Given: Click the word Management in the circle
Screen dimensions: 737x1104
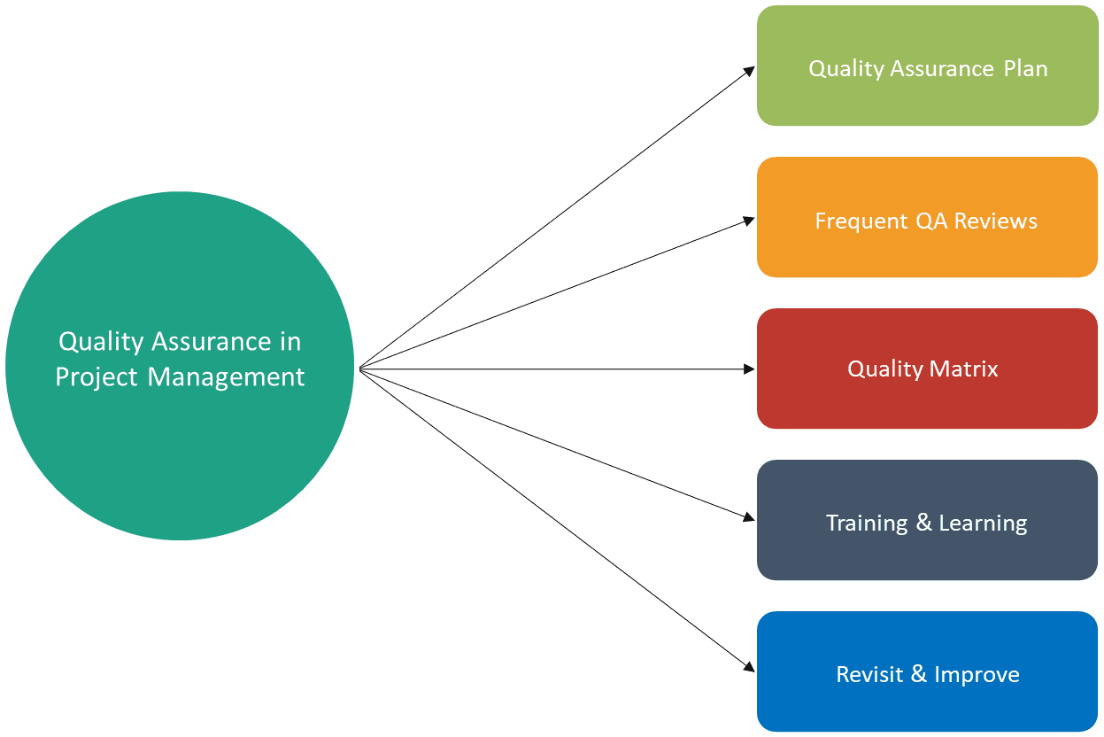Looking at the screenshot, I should click(x=226, y=377).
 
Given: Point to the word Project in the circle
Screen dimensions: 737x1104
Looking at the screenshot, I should click(x=97, y=378).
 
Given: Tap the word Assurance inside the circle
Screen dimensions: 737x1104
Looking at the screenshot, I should click(x=210, y=342).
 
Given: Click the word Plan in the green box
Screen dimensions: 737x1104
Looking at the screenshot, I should click(x=1025, y=69).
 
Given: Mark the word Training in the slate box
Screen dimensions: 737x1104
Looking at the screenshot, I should click(x=867, y=524).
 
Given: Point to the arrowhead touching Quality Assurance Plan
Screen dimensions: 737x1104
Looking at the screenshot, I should click(x=749, y=70).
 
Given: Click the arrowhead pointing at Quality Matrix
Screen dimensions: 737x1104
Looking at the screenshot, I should click(x=748, y=368).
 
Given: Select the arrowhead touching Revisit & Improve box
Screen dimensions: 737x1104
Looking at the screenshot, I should click(x=749, y=666).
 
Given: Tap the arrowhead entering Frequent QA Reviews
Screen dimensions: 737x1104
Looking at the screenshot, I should click(x=748, y=220).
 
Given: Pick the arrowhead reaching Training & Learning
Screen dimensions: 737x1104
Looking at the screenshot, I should click(x=748, y=518).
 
